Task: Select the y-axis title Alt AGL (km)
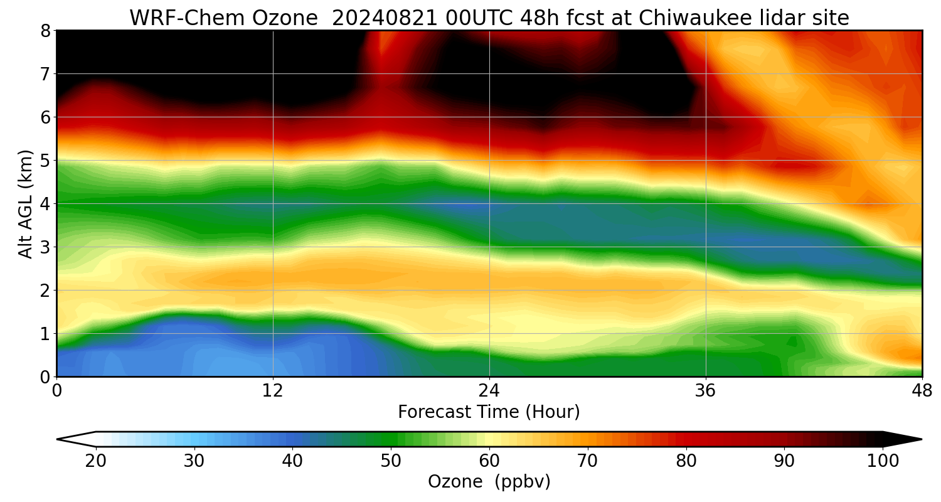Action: point(26,203)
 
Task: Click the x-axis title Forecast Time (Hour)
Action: point(489,412)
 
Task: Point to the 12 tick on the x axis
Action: point(273,391)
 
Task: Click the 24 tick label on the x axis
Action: point(489,391)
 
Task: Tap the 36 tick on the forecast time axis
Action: point(706,391)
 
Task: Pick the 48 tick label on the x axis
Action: point(922,391)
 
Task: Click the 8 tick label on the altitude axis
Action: point(45,30)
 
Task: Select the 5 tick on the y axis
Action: point(45,161)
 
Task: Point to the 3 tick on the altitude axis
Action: point(45,247)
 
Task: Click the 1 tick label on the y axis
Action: point(45,334)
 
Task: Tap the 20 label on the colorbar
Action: point(96,461)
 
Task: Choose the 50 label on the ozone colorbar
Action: point(391,461)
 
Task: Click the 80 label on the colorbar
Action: point(686,461)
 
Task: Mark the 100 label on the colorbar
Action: point(883,461)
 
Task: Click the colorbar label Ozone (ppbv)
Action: point(489,482)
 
